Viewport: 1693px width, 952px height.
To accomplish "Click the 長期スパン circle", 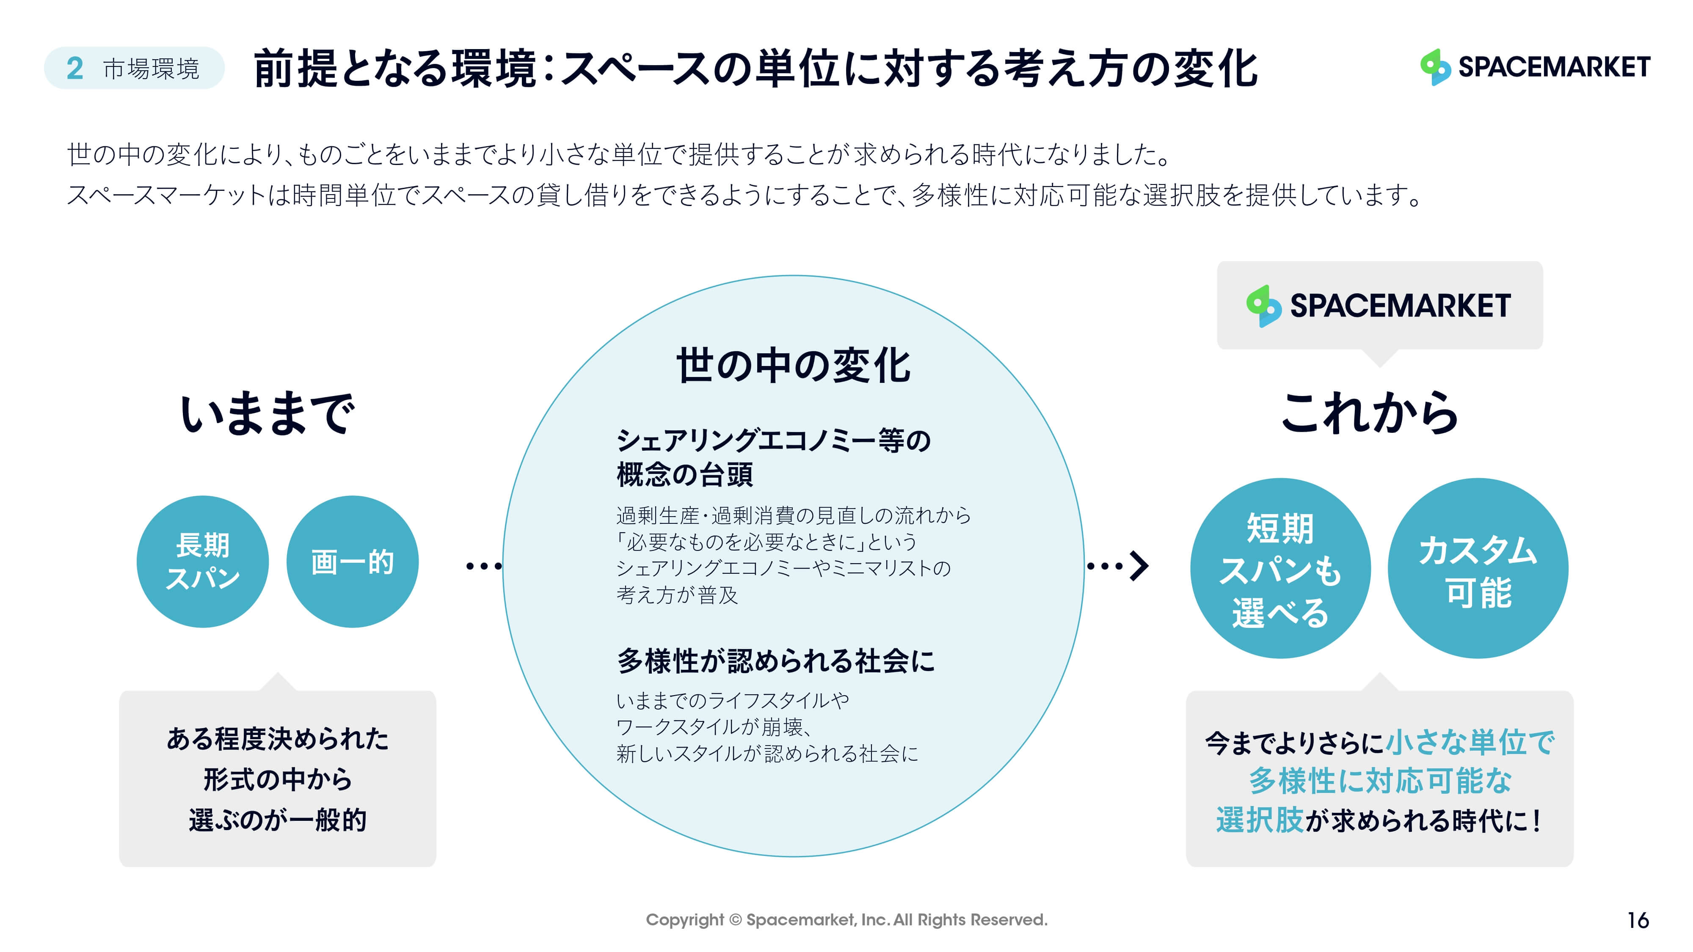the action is tap(202, 562).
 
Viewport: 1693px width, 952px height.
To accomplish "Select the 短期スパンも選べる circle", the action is tap(1280, 568).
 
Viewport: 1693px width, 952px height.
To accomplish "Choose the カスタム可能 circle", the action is tap(1478, 568).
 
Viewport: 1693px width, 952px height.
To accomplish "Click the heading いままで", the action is tap(268, 413).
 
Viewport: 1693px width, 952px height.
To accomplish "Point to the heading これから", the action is tap(1370, 413).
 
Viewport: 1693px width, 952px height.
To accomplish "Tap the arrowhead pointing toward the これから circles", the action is tap(1139, 566).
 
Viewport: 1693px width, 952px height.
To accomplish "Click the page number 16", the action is tap(1638, 920).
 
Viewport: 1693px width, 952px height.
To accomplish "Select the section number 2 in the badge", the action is tap(75, 68).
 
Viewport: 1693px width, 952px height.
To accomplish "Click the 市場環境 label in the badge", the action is tap(151, 68).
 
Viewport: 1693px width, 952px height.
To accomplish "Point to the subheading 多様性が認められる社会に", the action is tap(775, 661).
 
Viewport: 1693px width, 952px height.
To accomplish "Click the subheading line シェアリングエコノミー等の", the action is tap(774, 440).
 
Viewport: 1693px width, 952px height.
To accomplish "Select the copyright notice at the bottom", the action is tap(846, 920).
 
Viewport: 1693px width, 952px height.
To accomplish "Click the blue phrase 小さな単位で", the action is tap(1470, 743).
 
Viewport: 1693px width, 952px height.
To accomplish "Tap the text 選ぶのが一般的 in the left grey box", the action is tap(277, 820).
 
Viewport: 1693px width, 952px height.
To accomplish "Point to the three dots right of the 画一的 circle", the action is tap(484, 566).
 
